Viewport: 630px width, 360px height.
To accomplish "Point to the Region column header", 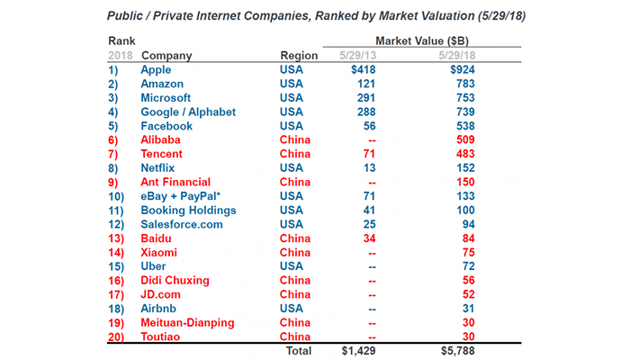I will [299, 55].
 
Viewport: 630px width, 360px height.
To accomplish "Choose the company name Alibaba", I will [160, 140].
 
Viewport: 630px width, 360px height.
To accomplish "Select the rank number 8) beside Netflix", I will [114, 169].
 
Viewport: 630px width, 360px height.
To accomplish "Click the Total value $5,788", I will [446, 349].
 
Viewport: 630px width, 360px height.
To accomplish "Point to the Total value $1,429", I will [357, 349].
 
